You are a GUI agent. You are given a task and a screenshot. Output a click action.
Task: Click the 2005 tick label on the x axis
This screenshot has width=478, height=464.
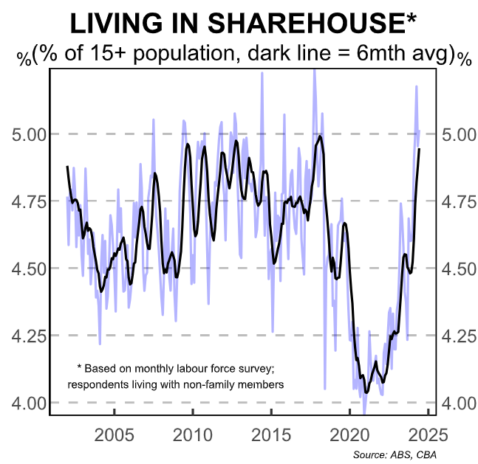pyautogui.click(x=115, y=433)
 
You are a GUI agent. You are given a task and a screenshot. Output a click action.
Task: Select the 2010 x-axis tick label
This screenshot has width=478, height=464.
pyautogui.click(x=193, y=433)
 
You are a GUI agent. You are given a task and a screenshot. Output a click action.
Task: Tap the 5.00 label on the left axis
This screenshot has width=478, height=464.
pyautogui.click(x=28, y=134)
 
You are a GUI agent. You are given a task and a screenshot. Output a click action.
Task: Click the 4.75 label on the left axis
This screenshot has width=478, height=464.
pyautogui.click(x=28, y=201)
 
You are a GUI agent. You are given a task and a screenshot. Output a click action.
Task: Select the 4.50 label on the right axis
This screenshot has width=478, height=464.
pyautogui.click(x=460, y=269)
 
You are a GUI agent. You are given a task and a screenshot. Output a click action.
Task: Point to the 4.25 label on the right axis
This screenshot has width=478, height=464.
pyautogui.click(x=460, y=336)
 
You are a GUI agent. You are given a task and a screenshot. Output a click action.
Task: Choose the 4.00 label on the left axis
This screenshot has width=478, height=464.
pyautogui.click(x=28, y=403)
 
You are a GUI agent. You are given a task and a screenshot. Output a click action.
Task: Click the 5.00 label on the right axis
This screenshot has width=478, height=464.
pyautogui.click(x=460, y=134)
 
